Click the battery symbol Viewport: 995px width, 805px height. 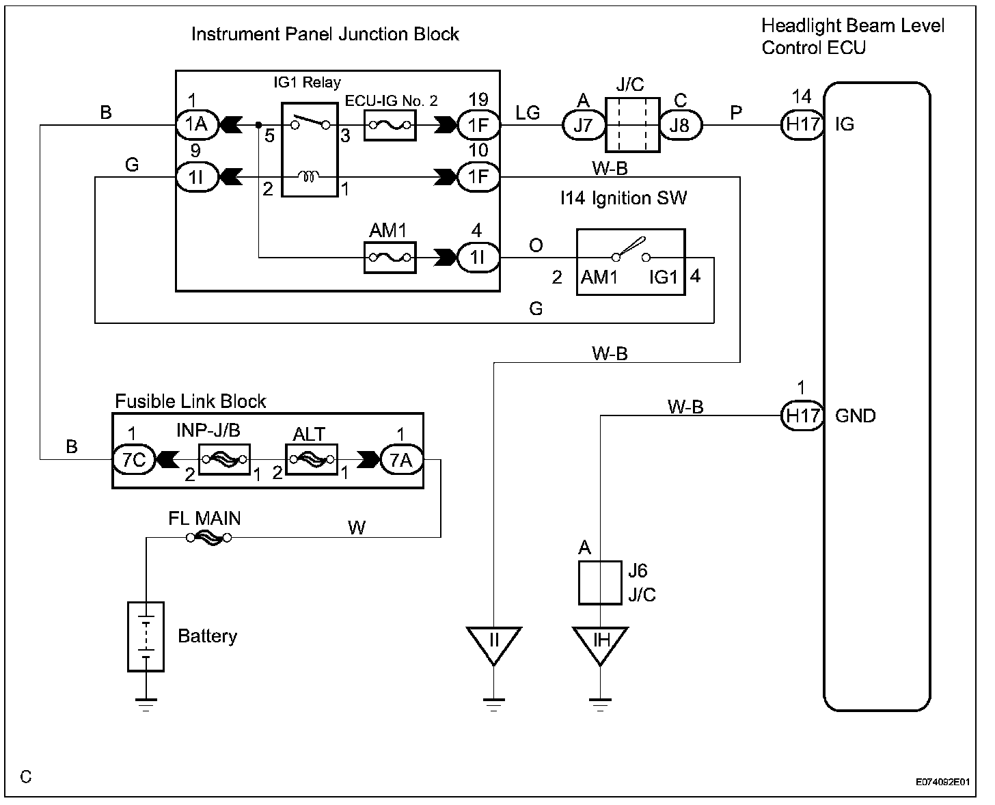(x=146, y=636)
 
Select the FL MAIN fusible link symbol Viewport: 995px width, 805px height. (x=209, y=538)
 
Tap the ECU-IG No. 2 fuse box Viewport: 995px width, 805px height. (x=390, y=125)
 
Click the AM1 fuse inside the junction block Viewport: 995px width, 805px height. (x=390, y=258)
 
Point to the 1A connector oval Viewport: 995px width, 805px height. (x=197, y=125)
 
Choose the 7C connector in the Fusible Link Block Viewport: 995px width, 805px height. (x=134, y=460)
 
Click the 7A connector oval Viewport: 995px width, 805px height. (x=401, y=460)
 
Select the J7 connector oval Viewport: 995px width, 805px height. (x=583, y=125)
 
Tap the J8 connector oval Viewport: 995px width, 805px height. (x=681, y=125)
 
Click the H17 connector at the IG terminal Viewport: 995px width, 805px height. (x=802, y=125)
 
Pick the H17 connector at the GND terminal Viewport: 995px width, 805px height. (x=802, y=415)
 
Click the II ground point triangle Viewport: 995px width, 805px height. (x=494, y=645)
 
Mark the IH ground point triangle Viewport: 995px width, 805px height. (x=600, y=645)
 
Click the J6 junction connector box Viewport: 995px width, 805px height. (x=600, y=583)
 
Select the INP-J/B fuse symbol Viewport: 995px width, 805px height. (x=224, y=460)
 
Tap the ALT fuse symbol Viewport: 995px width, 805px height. (x=312, y=460)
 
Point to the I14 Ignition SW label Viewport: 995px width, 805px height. (x=624, y=198)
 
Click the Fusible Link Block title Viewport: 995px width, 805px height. (x=190, y=401)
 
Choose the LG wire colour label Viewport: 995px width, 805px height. (x=528, y=113)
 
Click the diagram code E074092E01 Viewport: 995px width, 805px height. (x=942, y=782)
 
